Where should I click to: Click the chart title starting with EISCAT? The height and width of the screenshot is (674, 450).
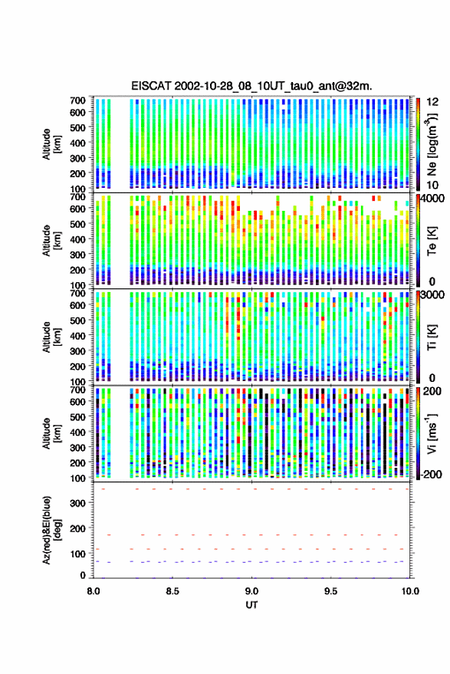[x=252, y=86]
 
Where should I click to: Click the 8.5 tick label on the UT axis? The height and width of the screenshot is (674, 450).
[x=172, y=591]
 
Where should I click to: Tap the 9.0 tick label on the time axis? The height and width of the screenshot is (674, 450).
[x=252, y=591]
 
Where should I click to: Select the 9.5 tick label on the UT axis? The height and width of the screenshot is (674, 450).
[x=331, y=591]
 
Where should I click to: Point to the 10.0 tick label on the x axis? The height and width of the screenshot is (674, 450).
[x=410, y=591]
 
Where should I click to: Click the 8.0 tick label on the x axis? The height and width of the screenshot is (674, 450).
[x=94, y=591]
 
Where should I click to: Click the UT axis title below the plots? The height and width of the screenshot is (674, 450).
[x=252, y=605]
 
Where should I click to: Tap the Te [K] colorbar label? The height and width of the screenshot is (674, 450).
[x=432, y=241]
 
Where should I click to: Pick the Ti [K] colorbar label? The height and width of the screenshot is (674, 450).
[x=432, y=337]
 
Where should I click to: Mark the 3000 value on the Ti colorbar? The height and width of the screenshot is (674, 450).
[x=434, y=295]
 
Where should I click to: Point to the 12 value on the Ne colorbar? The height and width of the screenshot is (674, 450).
[x=432, y=102]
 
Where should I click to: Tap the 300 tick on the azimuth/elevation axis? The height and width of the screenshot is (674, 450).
[x=77, y=502]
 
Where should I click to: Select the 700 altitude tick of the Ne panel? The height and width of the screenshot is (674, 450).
[x=77, y=100]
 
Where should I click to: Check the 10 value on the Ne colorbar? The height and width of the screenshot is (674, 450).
[x=432, y=185]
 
